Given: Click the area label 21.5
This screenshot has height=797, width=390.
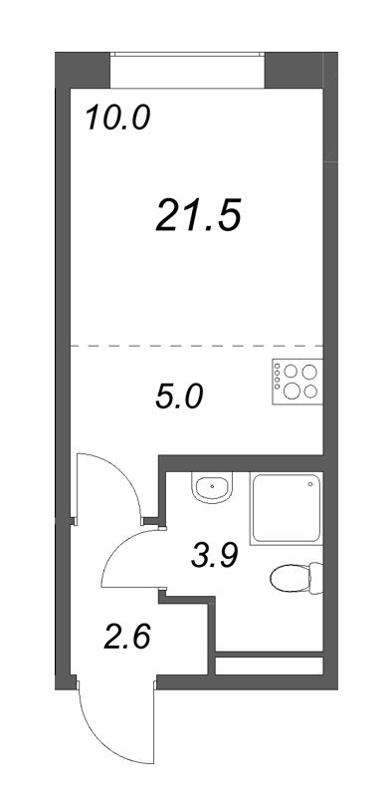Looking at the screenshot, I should click(x=199, y=214).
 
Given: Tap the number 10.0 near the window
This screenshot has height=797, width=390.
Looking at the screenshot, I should click(x=116, y=119).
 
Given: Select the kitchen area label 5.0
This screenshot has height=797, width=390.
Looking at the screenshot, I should click(x=179, y=397).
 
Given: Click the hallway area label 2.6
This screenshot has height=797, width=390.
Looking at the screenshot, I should click(x=127, y=634).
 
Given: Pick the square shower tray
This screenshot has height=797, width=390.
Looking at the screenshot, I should click(x=288, y=509).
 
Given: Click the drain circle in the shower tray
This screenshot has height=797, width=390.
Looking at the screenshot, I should click(x=310, y=485).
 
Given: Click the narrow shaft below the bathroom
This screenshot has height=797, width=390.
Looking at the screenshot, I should click(x=270, y=664).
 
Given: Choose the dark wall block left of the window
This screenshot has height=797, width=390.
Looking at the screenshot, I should click(x=81, y=71).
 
